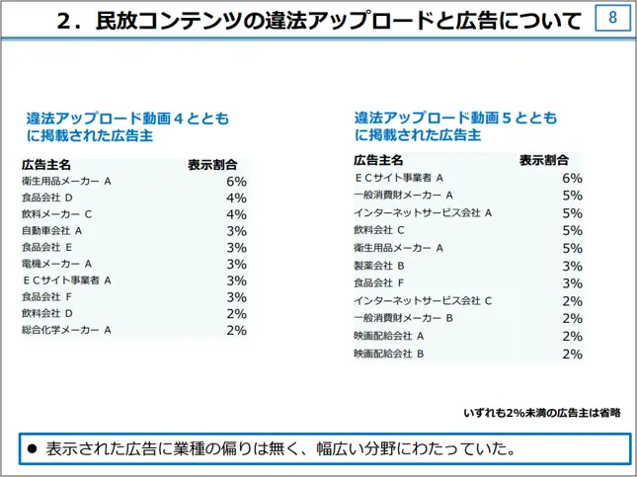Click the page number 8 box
(x=612, y=19)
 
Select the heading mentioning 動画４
(x=127, y=127)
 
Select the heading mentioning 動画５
(x=455, y=127)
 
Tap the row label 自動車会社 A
(x=51, y=231)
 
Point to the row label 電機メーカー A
(x=56, y=264)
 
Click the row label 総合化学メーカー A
(x=66, y=330)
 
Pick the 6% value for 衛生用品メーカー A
(x=236, y=182)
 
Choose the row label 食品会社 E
(x=47, y=248)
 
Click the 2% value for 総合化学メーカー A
(x=236, y=330)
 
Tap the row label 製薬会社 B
(x=379, y=266)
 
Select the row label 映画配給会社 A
(x=389, y=336)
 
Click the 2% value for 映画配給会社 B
(x=572, y=354)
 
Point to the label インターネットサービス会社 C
(x=423, y=301)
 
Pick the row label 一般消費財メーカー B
(x=403, y=318)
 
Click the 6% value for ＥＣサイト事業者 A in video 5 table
(x=572, y=179)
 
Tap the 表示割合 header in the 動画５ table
(x=544, y=160)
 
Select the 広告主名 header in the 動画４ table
(x=45, y=164)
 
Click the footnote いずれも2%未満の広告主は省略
(x=541, y=413)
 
